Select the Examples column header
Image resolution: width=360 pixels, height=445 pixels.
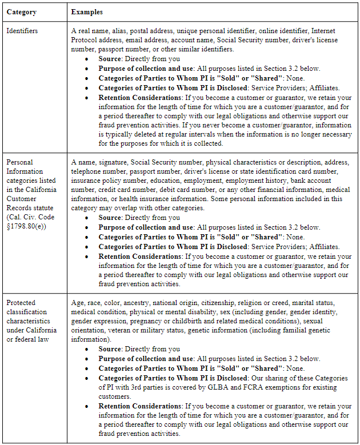pyautogui.click(x=87, y=11)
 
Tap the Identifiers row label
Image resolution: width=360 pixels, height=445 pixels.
pyautogui.click(x=22, y=30)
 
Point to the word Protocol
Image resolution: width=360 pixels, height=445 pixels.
pyautogui.click(x=86, y=40)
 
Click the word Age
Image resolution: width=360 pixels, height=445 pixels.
pyautogui.click(x=78, y=302)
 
